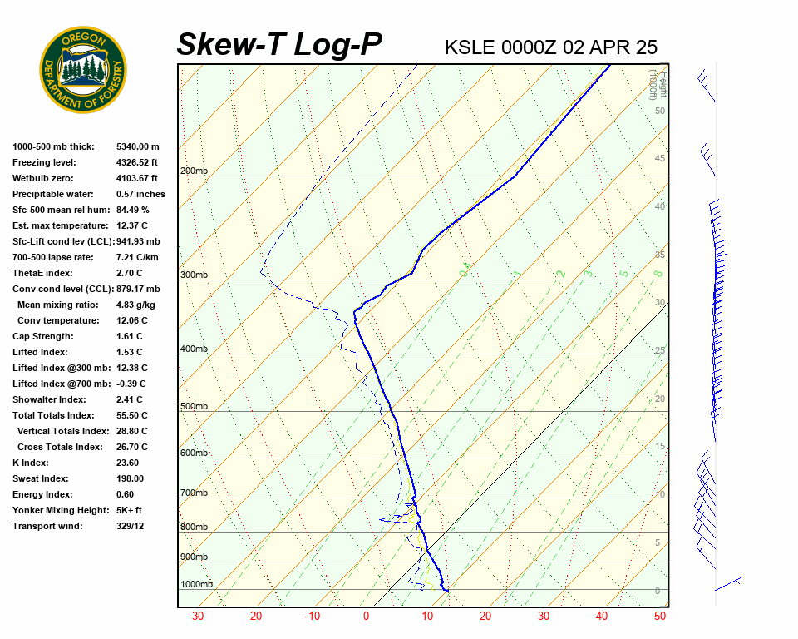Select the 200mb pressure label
click(194, 171)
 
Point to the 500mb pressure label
click(194, 407)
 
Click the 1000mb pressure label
click(196, 585)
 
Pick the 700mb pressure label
click(194, 493)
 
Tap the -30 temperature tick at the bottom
click(196, 617)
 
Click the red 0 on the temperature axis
click(366, 617)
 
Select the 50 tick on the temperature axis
click(660, 617)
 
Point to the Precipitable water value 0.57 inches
click(140, 194)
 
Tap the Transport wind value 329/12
click(130, 526)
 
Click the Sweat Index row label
click(40, 478)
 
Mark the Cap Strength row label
click(42, 336)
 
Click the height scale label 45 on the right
click(660, 159)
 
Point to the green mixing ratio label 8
click(658, 273)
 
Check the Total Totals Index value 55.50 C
click(131, 415)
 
